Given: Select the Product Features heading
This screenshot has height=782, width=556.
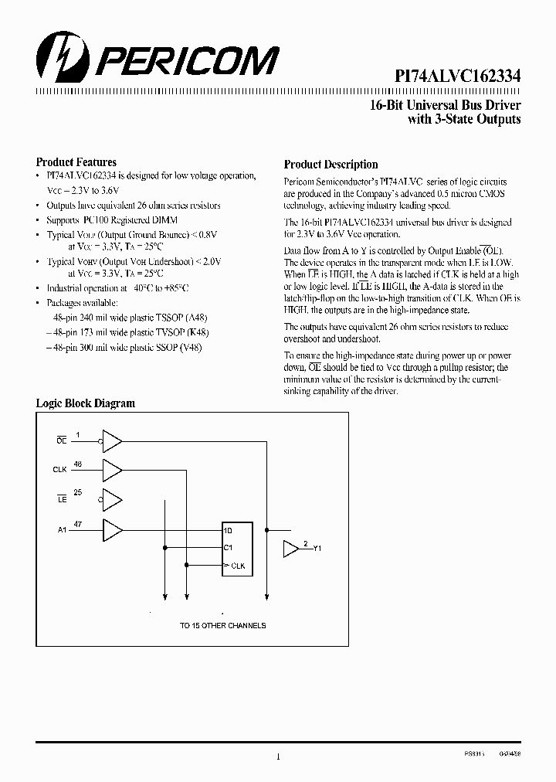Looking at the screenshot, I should (76, 162).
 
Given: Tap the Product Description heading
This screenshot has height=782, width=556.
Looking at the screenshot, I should (331, 164).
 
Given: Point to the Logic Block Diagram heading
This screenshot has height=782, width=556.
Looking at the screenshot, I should (86, 403).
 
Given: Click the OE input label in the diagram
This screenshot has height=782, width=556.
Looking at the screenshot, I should (61, 440).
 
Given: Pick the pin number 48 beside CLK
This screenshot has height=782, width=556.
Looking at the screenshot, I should (78, 464).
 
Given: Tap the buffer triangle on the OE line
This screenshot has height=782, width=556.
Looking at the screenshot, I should (113, 440).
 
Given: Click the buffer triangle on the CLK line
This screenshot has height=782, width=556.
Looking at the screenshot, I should (113, 470).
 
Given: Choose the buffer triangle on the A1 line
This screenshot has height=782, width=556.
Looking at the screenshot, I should (113, 530).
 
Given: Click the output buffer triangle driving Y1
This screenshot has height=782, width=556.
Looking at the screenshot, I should (291, 549).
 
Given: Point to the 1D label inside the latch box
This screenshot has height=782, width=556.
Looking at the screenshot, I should (229, 531).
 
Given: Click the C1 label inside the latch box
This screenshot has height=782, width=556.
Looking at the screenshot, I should (229, 548).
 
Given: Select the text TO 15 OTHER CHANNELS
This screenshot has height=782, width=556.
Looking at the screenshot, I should (222, 625).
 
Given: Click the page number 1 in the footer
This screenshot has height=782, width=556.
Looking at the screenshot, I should (277, 757).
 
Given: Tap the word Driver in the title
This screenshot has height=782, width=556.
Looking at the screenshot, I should (502, 105).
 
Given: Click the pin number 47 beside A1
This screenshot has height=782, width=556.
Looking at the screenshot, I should (78, 524).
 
